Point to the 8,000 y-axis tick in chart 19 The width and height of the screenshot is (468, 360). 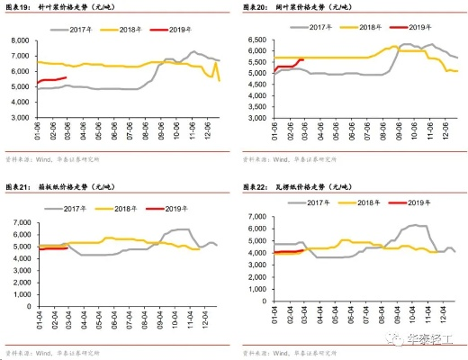click(x=20, y=40)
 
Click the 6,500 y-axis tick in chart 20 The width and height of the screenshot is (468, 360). click(x=256, y=40)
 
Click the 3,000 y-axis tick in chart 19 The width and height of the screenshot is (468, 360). click(x=20, y=116)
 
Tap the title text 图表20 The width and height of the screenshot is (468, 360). click(x=256, y=6)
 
